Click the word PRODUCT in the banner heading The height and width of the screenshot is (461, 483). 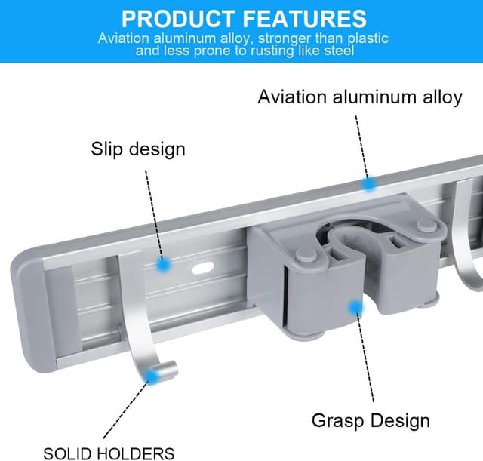[178, 19]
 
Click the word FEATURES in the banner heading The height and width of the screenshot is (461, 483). [305, 19]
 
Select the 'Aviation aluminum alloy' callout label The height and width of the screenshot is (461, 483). [360, 97]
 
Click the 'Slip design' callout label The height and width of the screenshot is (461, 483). [138, 149]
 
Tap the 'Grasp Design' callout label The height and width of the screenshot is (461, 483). [371, 420]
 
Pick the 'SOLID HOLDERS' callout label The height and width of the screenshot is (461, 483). [109, 453]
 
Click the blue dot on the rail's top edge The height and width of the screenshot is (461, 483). [369, 184]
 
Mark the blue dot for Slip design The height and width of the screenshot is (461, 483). [163, 265]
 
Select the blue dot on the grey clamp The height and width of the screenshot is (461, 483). [355, 307]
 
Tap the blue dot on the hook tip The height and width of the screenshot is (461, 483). [151, 376]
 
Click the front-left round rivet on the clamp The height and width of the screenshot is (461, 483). [306, 257]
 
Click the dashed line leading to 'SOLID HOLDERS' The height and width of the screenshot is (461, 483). [126, 410]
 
